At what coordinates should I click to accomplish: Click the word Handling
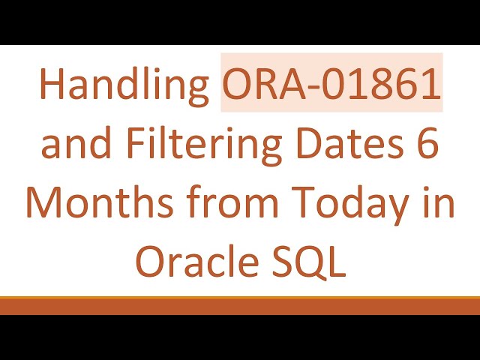click(x=124, y=85)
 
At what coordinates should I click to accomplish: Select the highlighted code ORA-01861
click(x=331, y=85)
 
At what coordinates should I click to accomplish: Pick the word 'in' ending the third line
click(x=441, y=203)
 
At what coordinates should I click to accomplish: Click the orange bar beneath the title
click(x=240, y=306)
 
